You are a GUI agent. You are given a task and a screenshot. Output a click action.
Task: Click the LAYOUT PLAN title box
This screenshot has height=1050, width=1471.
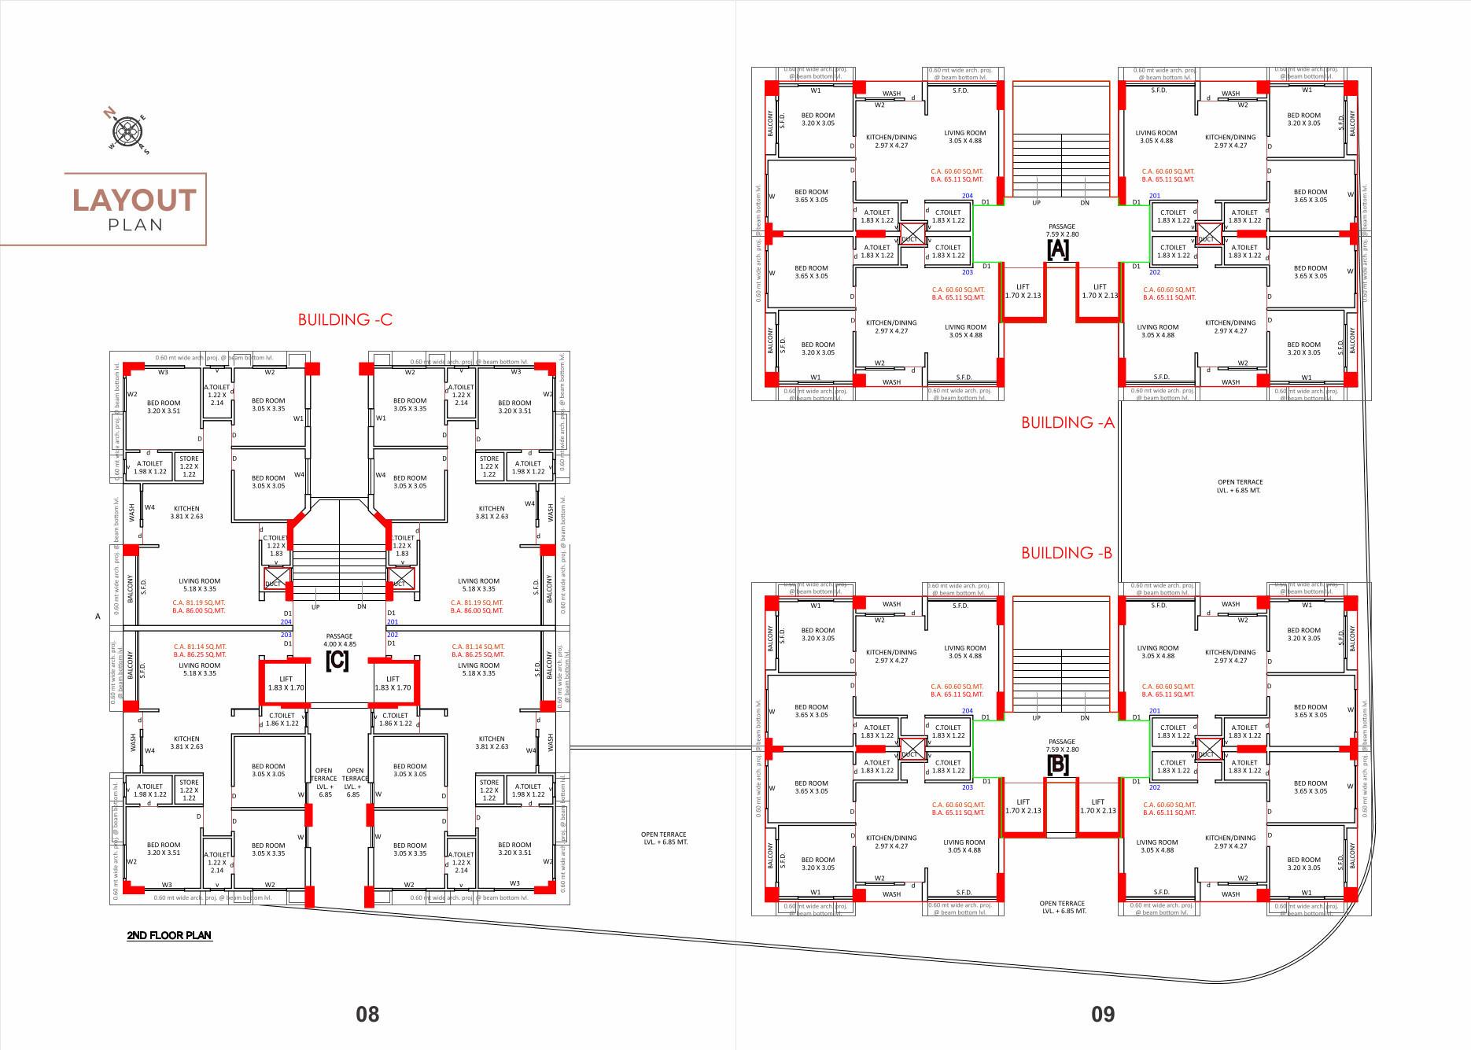(135, 208)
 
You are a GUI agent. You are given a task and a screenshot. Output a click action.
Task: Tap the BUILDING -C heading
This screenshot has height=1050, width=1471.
(345, 319)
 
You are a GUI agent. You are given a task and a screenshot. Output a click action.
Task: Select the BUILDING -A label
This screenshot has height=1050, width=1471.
(1067, 422)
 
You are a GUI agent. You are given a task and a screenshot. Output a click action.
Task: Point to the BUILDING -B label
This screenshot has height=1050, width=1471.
(1066, 553)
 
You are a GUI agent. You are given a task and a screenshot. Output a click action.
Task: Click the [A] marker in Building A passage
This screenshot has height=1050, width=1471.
(1057, 249)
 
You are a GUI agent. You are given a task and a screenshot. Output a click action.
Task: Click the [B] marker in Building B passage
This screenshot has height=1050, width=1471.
(1057, 764)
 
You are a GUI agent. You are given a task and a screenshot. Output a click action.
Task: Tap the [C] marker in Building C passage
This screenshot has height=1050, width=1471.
(337, 661)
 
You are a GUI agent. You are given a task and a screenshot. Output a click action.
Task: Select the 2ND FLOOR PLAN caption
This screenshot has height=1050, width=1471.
(169, 935)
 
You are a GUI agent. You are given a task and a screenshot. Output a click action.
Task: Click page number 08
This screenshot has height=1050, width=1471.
(367, 1014)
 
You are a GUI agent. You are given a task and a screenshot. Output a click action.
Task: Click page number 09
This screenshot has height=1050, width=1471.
(1103, 1014)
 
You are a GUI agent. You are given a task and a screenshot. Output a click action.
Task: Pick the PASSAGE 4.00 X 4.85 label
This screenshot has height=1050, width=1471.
(339, 640)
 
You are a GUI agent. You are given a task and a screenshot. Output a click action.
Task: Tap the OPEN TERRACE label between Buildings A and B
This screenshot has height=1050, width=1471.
(1239, 486)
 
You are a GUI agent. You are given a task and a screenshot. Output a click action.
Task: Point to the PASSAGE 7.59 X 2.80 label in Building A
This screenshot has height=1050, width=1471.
(1061, 230)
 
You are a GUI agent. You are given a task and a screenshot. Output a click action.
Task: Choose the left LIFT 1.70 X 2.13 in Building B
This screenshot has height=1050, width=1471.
(1023, 806)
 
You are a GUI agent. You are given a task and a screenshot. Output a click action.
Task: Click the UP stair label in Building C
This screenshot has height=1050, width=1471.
(315, 606)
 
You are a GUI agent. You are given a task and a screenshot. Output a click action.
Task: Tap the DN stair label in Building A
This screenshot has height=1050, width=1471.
(1085, 203)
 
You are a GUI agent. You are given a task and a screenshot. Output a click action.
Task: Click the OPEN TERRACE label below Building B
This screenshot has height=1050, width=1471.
(1063, 907)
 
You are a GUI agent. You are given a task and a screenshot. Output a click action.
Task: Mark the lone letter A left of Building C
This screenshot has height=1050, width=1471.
(98, 617)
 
